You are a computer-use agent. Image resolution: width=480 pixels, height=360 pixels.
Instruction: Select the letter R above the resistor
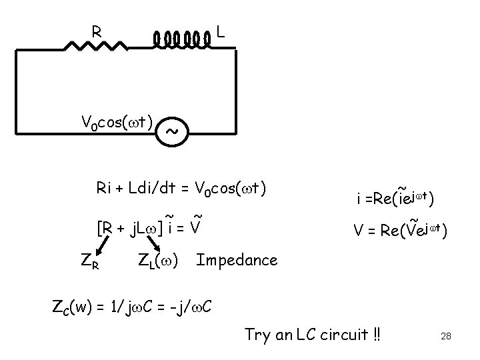tap(97, 30)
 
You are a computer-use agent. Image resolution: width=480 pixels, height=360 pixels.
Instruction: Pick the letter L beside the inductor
tap(220, 31)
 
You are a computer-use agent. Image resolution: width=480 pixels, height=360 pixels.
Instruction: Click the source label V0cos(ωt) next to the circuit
tap(117, 122)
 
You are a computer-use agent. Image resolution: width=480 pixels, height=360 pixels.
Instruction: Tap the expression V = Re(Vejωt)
tap(399, 231)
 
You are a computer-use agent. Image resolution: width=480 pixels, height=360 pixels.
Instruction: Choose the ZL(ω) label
tap(157, 260)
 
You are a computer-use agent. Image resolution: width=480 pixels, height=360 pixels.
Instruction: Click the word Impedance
tap(237, 259)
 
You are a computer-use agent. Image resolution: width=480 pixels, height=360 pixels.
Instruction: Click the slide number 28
tap(446, 337)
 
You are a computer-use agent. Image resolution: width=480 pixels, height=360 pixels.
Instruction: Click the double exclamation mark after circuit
tap(378, 333)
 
